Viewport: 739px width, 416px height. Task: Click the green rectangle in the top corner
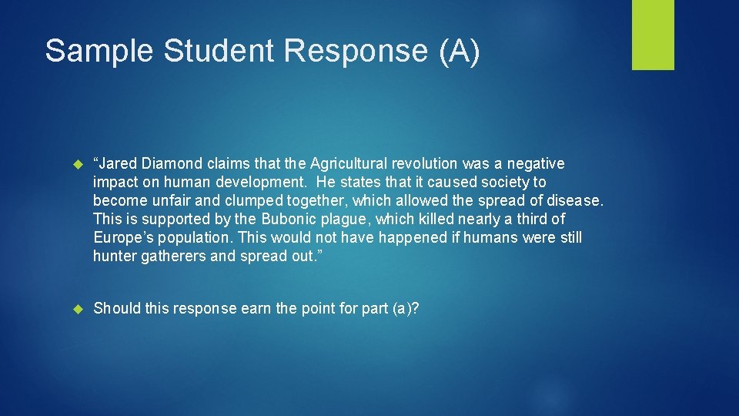coord(653,35)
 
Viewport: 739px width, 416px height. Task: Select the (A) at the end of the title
coord(459,51)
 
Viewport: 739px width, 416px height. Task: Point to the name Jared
coord(119,163)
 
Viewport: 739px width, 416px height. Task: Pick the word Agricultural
coord(349,163)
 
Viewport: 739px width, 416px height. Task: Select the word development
coord(247,183)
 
